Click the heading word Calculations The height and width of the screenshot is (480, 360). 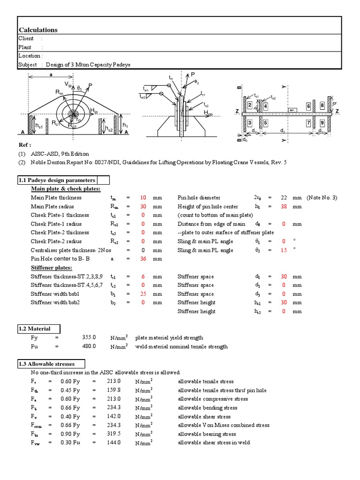pyautogui.click(x=38, y=30)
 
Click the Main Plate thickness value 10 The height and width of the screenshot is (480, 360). pyautogui.click(x=143, y=198)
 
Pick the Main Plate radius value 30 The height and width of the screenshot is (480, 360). pyautogui.click(x=143, y=206)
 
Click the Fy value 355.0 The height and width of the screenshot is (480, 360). pyautogui.click(x=89, y=337)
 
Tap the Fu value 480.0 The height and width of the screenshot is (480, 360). pyautogui.click(x=89, y=346)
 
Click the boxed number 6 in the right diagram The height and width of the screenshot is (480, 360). pyautogui.click(x=308, y=106)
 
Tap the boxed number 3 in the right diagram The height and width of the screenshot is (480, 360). pyautogui.click(x=250, y=123)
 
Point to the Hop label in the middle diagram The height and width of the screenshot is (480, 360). pyautogui.click(x=208, y=113)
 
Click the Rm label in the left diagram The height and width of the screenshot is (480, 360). pyautogui.click(x=59, y=93)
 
